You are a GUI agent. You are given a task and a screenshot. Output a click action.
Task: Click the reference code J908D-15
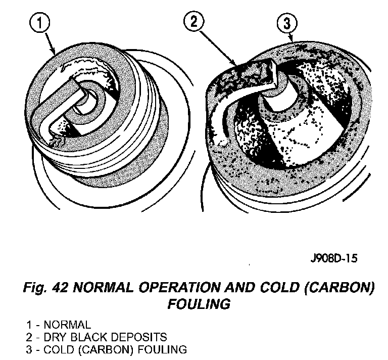point(334,258)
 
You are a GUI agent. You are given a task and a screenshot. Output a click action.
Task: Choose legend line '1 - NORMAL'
point(59,324)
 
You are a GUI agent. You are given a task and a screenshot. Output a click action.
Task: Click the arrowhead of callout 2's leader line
point(236,64)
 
